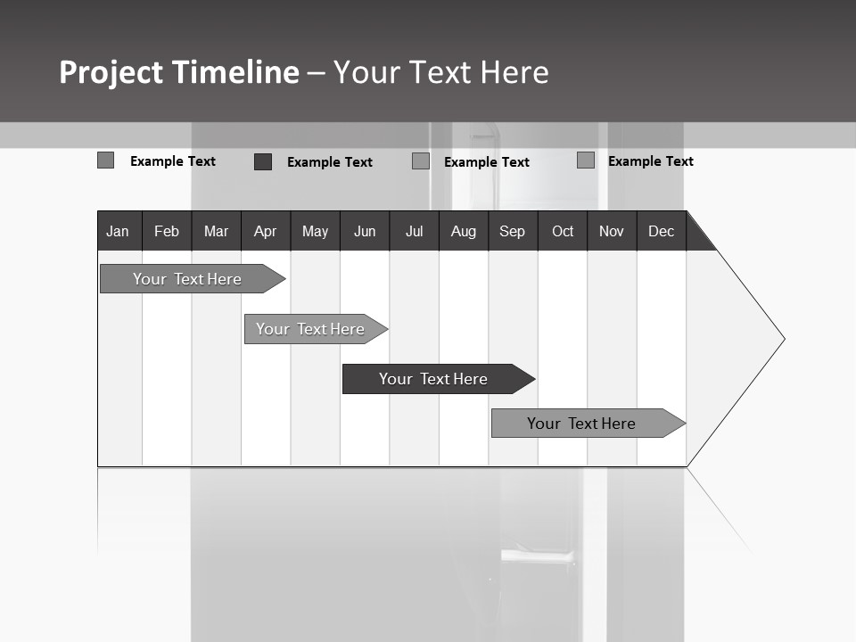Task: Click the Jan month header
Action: (118, 231)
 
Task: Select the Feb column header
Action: (167, 231)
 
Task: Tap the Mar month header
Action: (216, 231)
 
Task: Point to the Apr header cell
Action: (265, 231)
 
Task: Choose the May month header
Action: (315, 231)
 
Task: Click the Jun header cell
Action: (365, 231)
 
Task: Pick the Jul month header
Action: (414, 231)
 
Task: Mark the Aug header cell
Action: (463, 231)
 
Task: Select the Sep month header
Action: (512, 231)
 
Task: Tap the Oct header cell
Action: (563, 231)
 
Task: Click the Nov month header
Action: (612, 231)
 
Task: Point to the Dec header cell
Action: (661, 231)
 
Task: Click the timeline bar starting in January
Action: (187, 279)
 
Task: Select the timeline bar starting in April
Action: (310, 329)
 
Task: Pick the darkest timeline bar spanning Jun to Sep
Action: (433, 379)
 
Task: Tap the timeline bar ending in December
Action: (581, 424)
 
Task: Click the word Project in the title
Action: (111, 72)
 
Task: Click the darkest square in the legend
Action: (263, 161)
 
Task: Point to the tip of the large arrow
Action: (783, 339)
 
